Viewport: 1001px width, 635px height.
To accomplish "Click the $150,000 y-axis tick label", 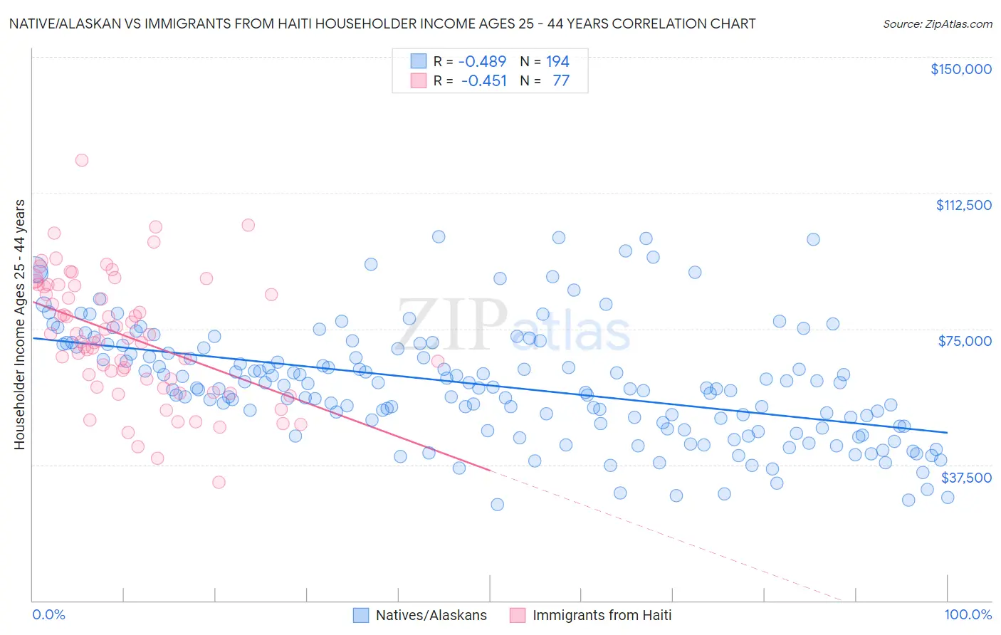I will tap(960, 69).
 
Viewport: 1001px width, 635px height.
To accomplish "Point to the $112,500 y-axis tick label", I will tap(963, 205).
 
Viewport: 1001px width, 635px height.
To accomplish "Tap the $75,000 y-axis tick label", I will tap(965, 341).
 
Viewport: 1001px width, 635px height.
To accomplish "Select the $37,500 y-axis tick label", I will tap(966, 478).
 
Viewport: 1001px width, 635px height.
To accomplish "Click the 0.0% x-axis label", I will tap(48, 614).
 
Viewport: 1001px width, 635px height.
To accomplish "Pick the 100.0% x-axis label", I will tap(968, 614).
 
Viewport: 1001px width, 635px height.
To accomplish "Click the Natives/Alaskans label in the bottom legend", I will tap(431, 615).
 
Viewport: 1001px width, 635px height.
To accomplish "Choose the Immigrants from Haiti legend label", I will tap(602, 615).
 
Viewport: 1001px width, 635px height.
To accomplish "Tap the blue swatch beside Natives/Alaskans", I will tap(362, 615).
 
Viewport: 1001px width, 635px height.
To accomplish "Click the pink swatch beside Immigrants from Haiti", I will tap(518, 615).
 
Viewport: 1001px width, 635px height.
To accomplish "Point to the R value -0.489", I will tap(482, 61).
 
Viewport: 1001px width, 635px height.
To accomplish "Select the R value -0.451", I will tap(483, 80).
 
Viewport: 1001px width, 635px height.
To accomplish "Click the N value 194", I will tap(557, 61).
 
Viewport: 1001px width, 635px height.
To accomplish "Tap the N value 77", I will tap(561, 80).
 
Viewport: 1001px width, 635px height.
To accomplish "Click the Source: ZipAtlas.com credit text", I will tap(937, 23).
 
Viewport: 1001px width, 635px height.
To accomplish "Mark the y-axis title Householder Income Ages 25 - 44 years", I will tap(19, 325).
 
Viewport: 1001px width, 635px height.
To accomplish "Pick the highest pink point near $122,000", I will tap(82, 160).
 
